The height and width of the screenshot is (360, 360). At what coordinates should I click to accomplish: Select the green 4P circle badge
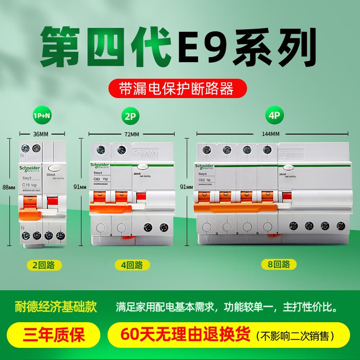coord(274,115)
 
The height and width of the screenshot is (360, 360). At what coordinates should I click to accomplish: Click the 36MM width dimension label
coord(40,134)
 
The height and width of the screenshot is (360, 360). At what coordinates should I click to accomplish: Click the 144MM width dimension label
coord(272,134)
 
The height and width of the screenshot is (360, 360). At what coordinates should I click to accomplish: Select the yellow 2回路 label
coord(44,265)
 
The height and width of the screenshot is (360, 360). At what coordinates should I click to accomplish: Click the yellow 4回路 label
coord(132,265)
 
